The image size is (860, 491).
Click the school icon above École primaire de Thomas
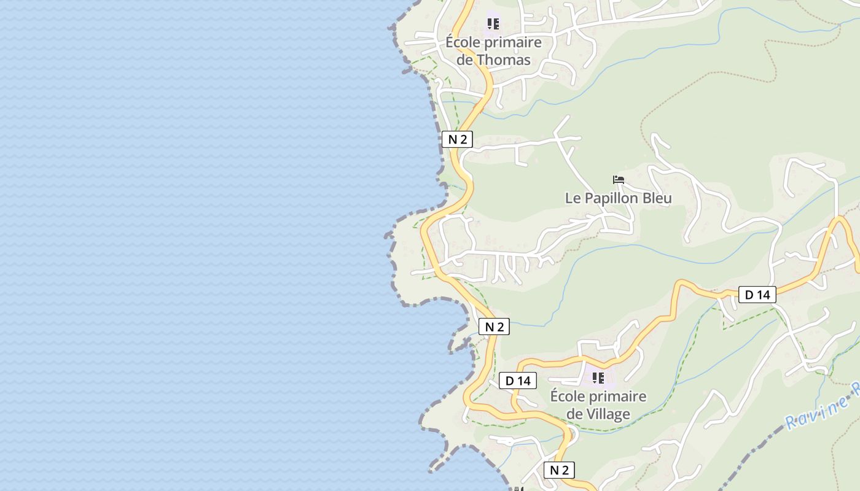[x=493, y=24]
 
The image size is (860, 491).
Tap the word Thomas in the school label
[x=503, y=60]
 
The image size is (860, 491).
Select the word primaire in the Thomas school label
[x=513, y=42]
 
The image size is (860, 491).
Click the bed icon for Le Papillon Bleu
[x=619, y=180]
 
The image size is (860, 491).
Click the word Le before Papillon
[x=573, y=198]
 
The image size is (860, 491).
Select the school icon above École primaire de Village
[x=598, y=377]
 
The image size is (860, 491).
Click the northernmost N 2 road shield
[x=457, y=139]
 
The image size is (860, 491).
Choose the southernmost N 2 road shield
[x=559, y=470]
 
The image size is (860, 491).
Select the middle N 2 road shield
[x=494, y=327]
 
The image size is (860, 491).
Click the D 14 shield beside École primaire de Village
[x=517, y=381]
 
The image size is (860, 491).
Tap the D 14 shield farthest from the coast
[x=757, y=295]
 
